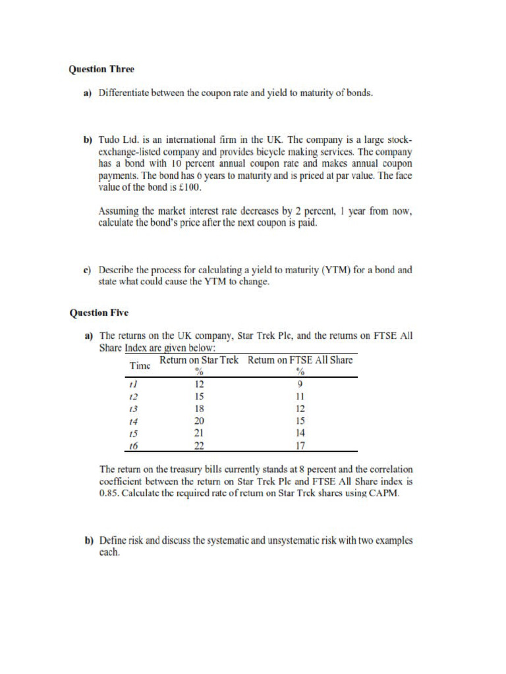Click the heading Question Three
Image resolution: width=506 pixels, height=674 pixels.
tap(101, 68)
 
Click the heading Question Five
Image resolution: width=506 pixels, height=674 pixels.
tap(99, 313)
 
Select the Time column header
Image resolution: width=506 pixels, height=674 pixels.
tap(140, 365)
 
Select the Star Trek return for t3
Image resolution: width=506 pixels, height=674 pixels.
tap(200, 408)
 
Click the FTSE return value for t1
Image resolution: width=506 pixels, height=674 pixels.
tap(300, 384)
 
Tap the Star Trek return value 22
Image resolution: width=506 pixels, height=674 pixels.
tap(200, 446)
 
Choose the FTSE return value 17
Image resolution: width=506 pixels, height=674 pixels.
tap(300, 446)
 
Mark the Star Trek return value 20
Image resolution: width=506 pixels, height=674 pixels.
tap(200, 421)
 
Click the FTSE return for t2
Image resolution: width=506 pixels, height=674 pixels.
tap(300, 396)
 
